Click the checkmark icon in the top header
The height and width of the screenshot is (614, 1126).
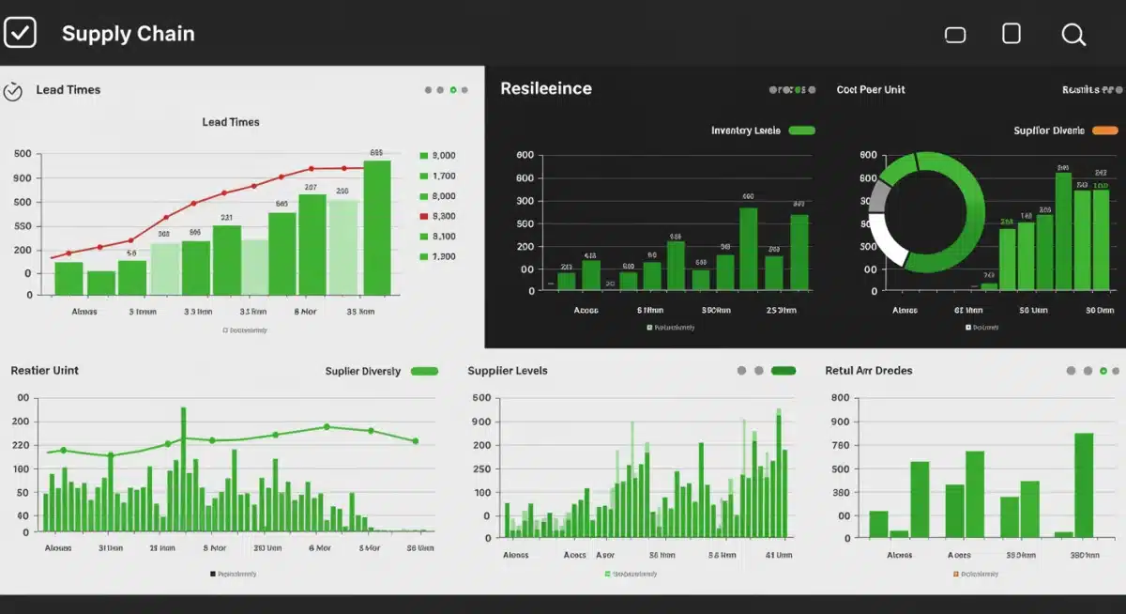click(20, 33)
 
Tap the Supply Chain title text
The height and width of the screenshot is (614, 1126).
click(128, 34)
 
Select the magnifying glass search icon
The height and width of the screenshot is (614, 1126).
click(1073, 35)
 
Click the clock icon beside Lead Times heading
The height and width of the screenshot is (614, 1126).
click(13, 91)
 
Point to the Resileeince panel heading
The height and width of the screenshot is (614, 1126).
click(545, 88)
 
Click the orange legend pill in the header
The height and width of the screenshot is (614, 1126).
click(1105, 130)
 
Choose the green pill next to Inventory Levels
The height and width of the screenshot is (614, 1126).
click(801, 130)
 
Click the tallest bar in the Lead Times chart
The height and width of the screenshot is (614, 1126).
click(377, 227)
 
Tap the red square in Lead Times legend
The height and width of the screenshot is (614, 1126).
click(424, 216)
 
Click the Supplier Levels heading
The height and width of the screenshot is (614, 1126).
click(507, 371)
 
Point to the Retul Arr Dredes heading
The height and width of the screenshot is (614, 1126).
click(868, 371)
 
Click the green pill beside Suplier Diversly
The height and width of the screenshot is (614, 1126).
click(424, 371)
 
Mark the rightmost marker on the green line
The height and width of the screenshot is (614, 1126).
click(415, 440)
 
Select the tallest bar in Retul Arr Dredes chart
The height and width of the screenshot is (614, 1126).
click(1084, 484)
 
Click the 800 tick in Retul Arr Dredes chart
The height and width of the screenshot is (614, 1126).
click(840, 398)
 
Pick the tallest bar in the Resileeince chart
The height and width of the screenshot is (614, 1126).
click(748, 249)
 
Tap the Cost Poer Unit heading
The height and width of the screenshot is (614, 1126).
click(871, 90)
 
